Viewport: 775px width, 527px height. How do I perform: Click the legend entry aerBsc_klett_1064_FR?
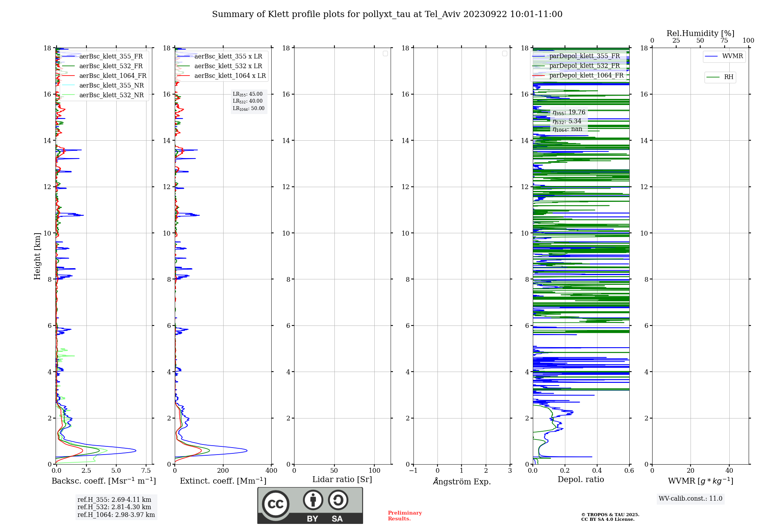(x=112, y=76)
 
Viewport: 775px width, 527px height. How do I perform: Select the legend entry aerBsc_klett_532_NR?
(x=111, y=95)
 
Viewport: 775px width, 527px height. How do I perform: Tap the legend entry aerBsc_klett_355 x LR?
(x=228, y=57)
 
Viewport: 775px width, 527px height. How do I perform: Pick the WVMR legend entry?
(x=732, y=56)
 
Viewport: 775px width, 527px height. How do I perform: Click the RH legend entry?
(x=728, y=77)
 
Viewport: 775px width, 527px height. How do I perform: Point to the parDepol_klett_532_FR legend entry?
(x=584, y=66)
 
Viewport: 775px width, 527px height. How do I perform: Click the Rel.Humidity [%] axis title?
(x=700, y=33)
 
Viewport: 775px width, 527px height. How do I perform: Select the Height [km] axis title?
(x=37, y=256)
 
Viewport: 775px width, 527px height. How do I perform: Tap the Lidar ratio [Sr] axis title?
(x=342, y=480)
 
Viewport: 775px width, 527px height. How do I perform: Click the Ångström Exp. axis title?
(x=462, y=482)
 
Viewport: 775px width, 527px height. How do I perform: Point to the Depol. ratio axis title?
(x=580, y=480)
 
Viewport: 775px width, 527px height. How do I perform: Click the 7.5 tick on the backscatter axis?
(x=146, y=471)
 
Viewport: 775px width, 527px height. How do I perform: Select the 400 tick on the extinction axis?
(x=271, y=471)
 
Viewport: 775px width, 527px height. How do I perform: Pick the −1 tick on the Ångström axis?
(x=413, y=471)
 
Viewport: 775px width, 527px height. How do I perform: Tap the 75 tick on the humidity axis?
(x=724, y=41)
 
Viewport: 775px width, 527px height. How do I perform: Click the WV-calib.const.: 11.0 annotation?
(x=690, y=499)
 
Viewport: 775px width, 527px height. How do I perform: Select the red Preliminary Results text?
(x=405, y=516)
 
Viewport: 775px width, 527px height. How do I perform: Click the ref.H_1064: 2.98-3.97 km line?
(x=116, y=515)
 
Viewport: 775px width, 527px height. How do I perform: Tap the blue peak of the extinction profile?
(x=246, y=450)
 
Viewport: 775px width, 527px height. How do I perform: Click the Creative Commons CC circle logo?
(x=276, y=504)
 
